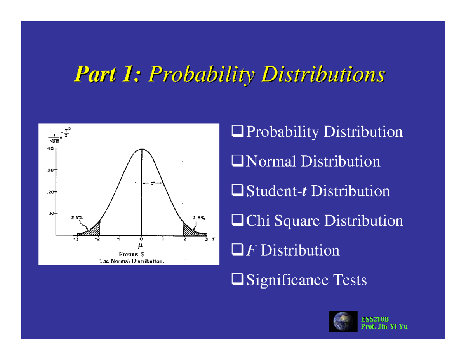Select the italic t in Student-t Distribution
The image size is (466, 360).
[x=306, y=191]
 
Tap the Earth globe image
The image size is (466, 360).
[x=343, y=321]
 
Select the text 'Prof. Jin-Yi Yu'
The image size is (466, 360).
[x=384, y=326]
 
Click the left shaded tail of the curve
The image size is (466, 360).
[x=93, y=230]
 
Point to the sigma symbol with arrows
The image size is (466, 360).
[x=153, y=183]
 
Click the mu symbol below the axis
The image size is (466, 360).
[x=141, y=245]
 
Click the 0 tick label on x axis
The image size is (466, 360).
[x=141, y=239]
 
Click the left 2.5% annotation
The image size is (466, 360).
[x=77, y=218]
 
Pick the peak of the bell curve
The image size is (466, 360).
[x=141, y=149]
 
